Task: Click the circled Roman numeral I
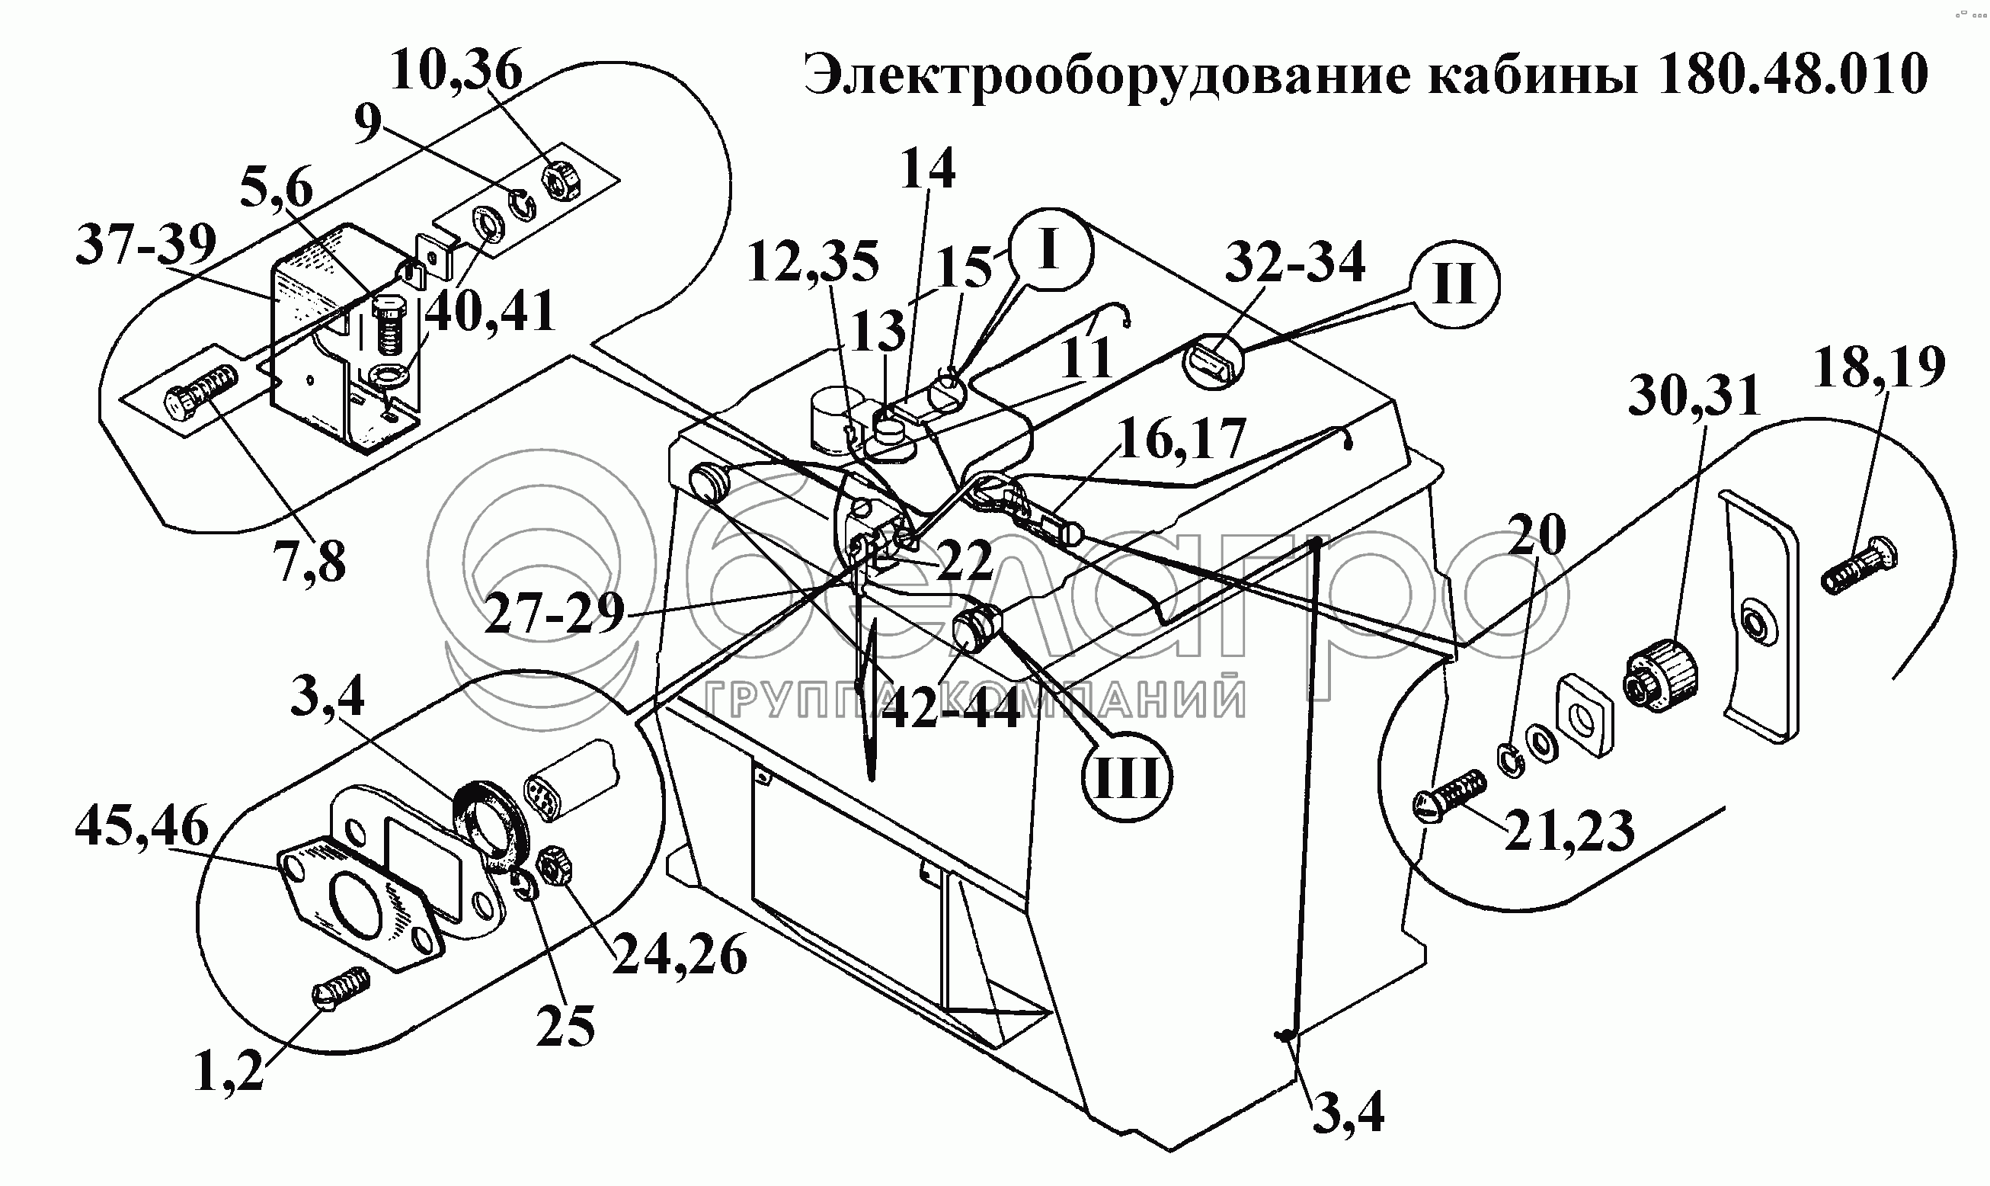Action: [x=1049, y=249]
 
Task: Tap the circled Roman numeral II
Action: [x=1453, y=284]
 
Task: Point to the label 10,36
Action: [x=456, y=70]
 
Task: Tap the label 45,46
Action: [x=142, y=827]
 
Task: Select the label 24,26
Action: [x=680, y=955]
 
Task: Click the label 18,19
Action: [x=1878, y=367]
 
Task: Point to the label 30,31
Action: [x=1694, y=396]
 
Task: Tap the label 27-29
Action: [x=555, y=614]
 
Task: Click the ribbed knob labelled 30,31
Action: [x=1660, y=676]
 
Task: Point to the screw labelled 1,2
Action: [x=340, y=990]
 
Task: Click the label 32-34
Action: [x=1295, y=261]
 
